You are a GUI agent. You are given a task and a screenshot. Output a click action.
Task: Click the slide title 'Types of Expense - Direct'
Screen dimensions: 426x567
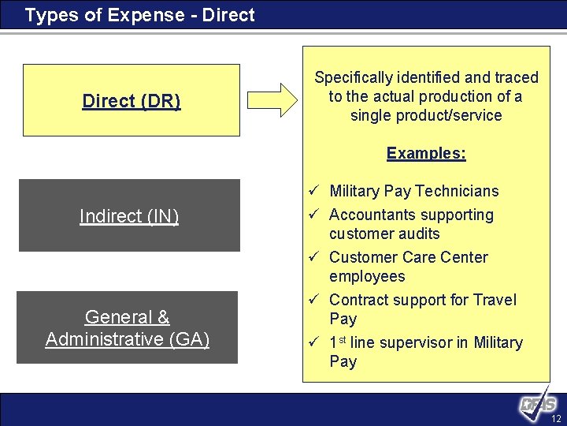[x=139, y=15]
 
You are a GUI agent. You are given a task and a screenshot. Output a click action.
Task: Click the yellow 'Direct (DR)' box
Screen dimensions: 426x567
[x=131, y=101]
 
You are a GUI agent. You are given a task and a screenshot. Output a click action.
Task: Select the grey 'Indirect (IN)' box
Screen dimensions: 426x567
[x=129, y=215]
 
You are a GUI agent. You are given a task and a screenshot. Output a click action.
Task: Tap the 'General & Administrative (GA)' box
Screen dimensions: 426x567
[x=127, y=328]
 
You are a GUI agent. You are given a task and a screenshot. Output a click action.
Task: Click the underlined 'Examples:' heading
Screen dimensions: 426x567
[x=426, y=153]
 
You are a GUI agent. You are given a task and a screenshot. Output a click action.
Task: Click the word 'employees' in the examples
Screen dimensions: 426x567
[x=367, y=276]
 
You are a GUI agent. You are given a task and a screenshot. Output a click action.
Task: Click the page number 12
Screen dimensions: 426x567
[x=556, y=418]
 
